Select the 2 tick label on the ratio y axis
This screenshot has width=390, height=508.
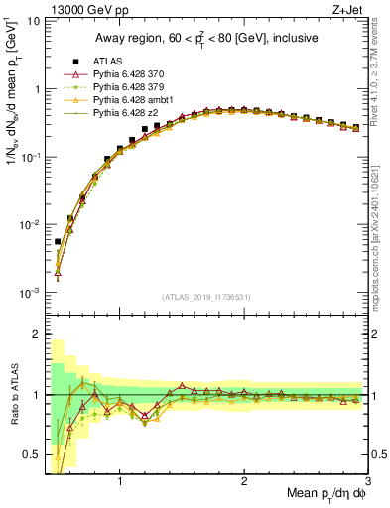tap(36, 334)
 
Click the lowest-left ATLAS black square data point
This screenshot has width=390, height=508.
tap(58, 241)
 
